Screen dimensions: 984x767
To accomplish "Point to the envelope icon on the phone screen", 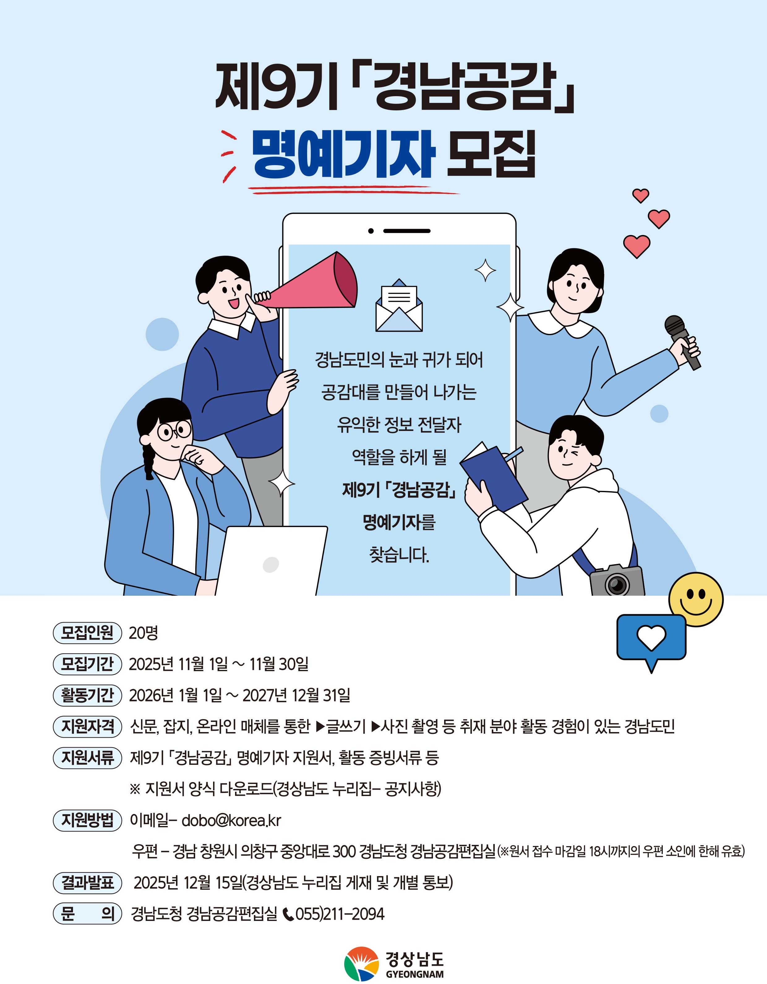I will tap(399, 306).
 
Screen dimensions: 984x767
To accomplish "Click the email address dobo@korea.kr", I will tap(231, 820).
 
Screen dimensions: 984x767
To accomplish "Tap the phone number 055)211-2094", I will tap(340, 914).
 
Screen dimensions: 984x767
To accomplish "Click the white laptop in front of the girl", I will tap(272, 561).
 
